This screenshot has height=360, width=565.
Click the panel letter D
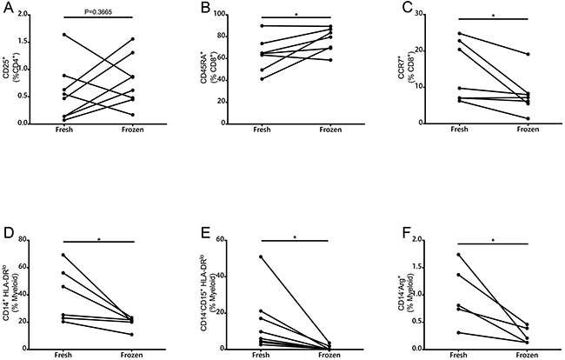coord(8,235)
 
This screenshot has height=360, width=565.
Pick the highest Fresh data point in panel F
coord(461,255)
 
